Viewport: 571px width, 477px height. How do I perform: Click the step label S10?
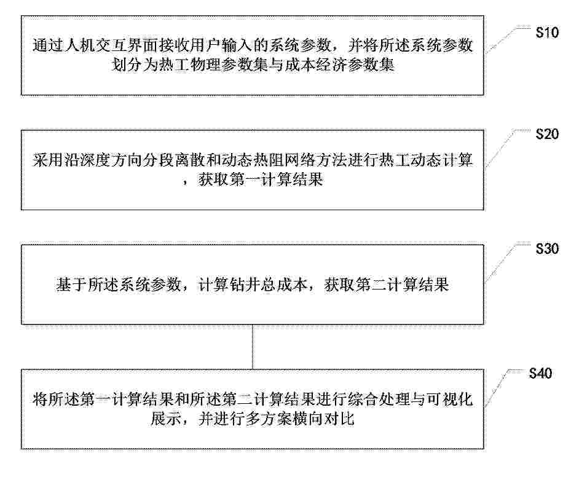tap(547, 33)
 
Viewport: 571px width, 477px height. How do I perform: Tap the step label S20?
tap(547, 134)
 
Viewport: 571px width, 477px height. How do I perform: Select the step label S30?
tap(547, 249)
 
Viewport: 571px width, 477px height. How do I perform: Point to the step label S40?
tap(540, 373)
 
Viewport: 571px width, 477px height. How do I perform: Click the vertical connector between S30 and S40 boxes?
tap(253, 347)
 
